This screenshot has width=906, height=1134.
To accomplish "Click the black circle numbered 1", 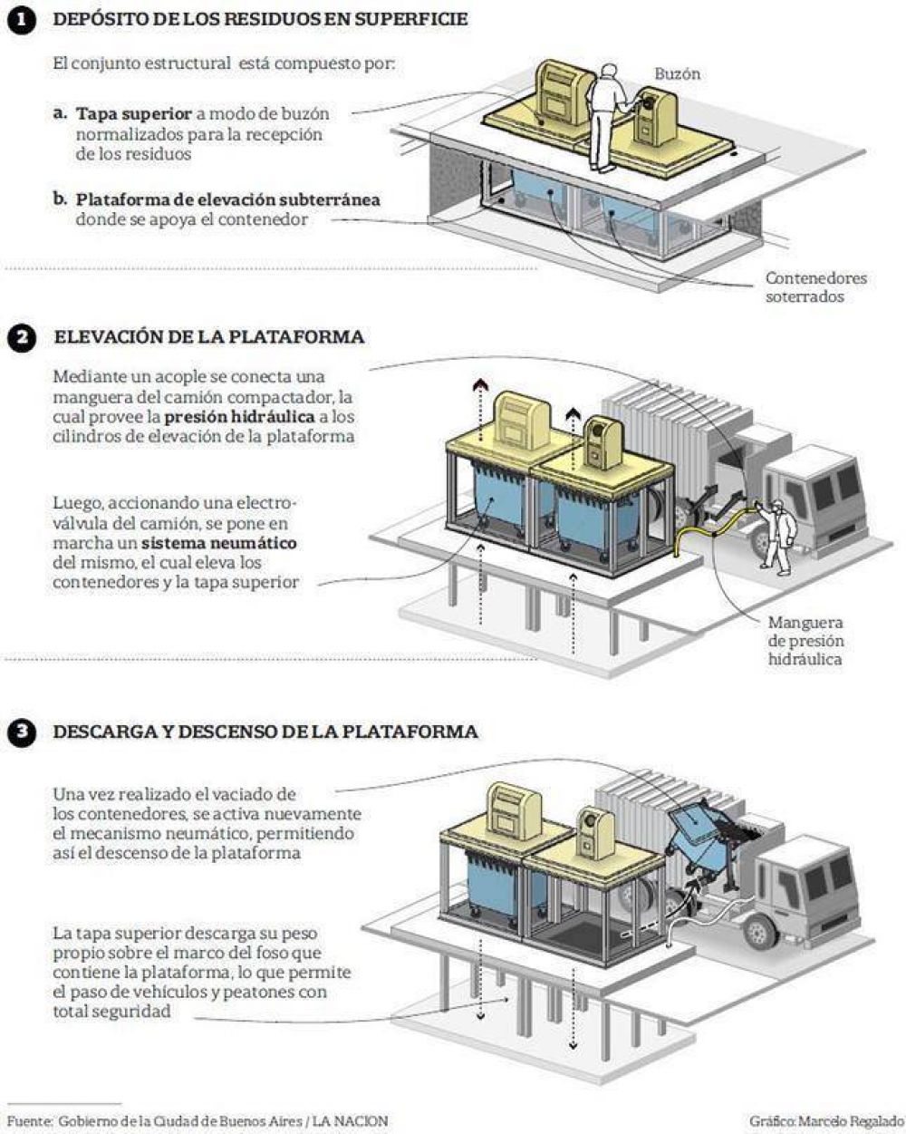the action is click(22, 21).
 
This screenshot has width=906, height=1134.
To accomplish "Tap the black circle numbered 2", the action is click(22, 337).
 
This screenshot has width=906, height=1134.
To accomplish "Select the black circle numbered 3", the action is click(22, 732).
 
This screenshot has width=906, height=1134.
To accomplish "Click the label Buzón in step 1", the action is click(677, 73).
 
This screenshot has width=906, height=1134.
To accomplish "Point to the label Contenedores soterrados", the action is click(815, 287).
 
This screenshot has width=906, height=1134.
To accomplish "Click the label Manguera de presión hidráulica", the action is click(805, 641).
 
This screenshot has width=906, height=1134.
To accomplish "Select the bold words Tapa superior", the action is click(134, 114).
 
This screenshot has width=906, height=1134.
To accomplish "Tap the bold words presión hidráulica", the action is click(240, 417).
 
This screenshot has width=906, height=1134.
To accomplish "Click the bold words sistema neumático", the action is click(218, 543).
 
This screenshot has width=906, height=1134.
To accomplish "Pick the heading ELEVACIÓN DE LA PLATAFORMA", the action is click(209, 337).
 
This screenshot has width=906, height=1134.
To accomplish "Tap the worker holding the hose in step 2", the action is click(774, 537).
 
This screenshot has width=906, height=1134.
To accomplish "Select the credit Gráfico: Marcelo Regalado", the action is click(826, 1121).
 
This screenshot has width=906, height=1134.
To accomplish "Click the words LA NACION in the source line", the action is click(351, 1121).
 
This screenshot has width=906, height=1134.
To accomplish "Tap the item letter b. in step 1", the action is click(60, 199).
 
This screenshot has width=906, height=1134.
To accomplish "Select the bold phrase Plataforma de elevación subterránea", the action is click(228, 200).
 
